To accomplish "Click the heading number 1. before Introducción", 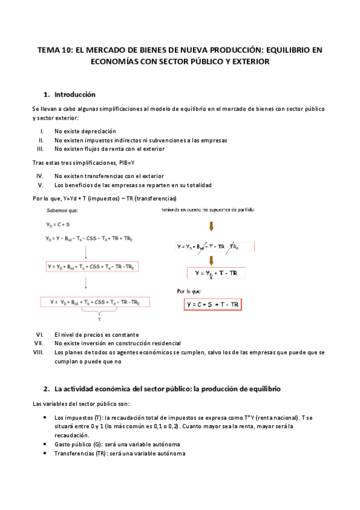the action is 47,94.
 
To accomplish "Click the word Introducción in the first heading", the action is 75,94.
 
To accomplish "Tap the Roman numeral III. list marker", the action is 40,149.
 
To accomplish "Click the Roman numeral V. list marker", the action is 41,185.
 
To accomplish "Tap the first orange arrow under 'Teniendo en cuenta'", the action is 211,227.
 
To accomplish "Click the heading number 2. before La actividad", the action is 47,390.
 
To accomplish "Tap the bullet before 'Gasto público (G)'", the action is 47,444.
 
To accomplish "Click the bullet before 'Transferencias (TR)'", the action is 47,453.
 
